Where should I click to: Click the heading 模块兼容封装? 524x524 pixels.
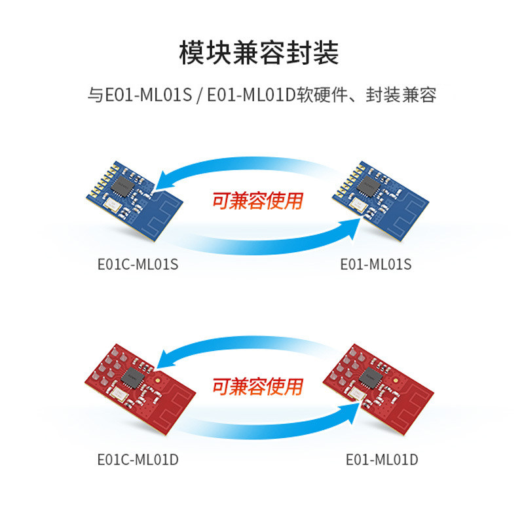[261, 53]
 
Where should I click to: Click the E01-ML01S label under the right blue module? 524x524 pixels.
[375, 264]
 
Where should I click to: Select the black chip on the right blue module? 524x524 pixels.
[367, 188]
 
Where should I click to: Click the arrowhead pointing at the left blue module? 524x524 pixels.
[168, 179]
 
